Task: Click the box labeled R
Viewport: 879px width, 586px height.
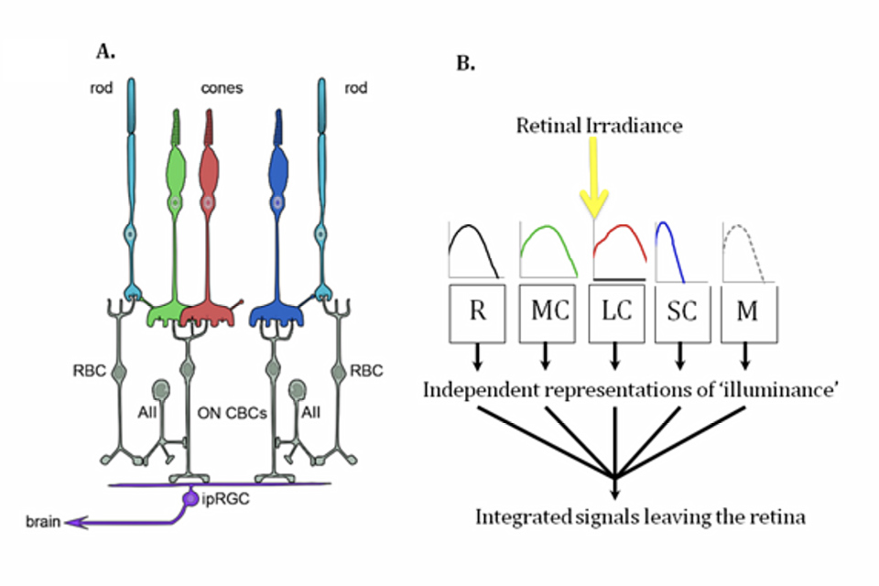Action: click(x=477, y=311)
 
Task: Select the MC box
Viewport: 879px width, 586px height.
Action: click(x=546, y=311)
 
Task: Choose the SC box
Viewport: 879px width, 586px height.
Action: click(x=681, y=311)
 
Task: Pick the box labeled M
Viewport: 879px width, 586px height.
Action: click(x=748, y=311)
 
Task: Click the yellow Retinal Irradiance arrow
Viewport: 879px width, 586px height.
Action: click(x=594, y=178)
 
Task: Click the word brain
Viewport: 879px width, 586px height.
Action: click(x=43, y=523)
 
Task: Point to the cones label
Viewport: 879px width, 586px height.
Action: click(x=222, y=89)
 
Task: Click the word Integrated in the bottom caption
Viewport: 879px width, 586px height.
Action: click(x=520, y=517)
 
